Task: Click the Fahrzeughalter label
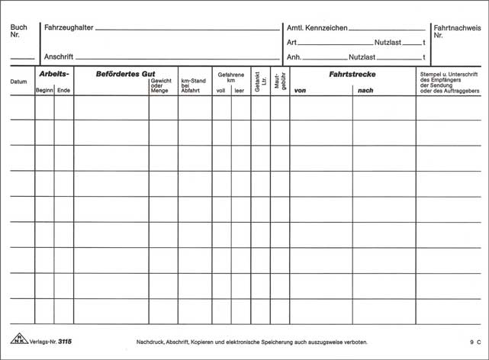[x=69, y=27]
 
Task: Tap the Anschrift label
[x=59, y=56]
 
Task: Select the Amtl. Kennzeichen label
[x=317, y=27]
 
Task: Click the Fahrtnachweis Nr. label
[x=457, y=31]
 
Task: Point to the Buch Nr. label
[x=19, y=31]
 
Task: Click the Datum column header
[x=18, y=82]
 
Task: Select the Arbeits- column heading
[x=53, y=74]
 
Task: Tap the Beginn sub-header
[x=44, y=91]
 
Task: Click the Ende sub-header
[x=63, y=91]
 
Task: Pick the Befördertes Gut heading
[x=125, y=74]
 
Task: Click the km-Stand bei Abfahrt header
[x=193, y=85]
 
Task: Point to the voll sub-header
[x=220, y=91]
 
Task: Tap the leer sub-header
[x=240, y=91]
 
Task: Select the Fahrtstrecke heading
[x=352, y=74]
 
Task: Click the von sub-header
[x=300, y=91]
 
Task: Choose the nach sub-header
[x=364, y=91]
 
